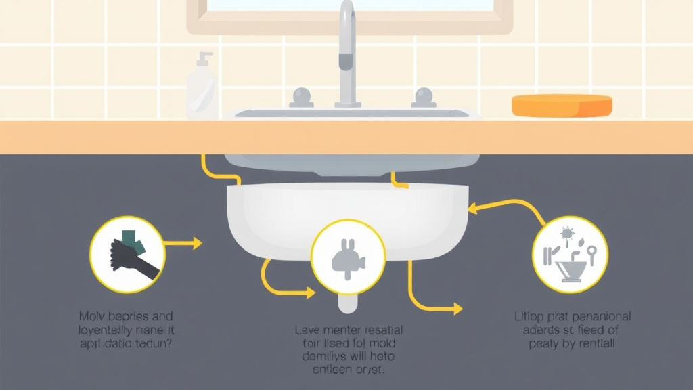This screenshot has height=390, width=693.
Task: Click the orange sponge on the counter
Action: (x=562, y=106)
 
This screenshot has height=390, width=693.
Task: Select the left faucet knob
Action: (x=300, y=97)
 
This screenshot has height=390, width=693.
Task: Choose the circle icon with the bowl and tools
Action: (x=570, y=255)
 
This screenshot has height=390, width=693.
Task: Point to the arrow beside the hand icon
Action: (x=184, y=243)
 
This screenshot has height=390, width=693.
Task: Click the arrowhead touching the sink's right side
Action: (x=474, y=209)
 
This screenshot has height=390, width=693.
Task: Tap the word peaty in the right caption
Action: (x=545, y=343)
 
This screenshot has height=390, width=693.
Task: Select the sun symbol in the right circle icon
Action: (x=567, y=234)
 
